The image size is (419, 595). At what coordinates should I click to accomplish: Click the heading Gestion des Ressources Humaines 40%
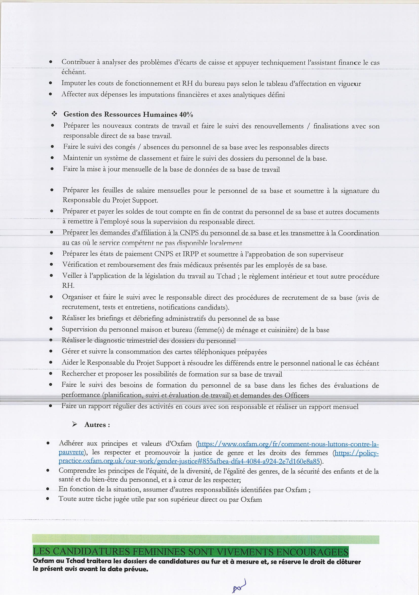point(128,114)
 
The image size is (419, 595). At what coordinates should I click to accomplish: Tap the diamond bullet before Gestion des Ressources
point(54,114)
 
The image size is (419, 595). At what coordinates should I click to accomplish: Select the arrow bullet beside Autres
point(75,424)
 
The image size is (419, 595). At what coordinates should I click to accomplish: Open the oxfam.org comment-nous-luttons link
point(288,444)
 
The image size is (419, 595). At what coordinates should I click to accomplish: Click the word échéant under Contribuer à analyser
point(74,72)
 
